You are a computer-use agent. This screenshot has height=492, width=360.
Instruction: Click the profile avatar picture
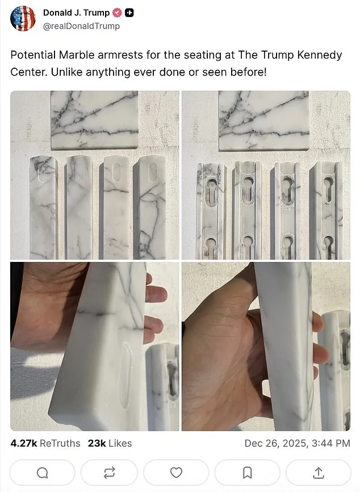tap(23, 19)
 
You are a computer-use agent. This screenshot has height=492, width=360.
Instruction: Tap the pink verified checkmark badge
tap(118, 13)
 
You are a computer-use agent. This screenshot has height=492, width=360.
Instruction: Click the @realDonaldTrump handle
tap(81, 26)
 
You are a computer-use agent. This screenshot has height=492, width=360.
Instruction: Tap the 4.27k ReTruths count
tap(45, 443)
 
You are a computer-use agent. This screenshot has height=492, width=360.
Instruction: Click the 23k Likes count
tap(110, 443)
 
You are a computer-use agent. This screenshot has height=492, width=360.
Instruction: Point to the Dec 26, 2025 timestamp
tap(297, 443)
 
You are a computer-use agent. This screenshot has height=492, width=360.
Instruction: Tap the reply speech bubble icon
tap(43, 472)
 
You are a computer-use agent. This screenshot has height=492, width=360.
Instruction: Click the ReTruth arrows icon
tap(109, 472)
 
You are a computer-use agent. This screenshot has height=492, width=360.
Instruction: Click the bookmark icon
tap(248, 472)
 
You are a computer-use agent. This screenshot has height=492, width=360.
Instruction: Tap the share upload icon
tap(319, 472)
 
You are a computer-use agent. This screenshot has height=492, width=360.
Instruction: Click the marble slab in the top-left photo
tap(94, 119)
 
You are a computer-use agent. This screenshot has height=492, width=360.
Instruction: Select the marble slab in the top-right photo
tap(263, 120)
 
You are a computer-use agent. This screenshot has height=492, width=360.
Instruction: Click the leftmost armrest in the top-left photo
tap(44, 207)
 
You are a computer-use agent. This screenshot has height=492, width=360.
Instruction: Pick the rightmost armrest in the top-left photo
tap(149, 207)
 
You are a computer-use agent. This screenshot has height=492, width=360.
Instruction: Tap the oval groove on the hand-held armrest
tap(125, 376)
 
